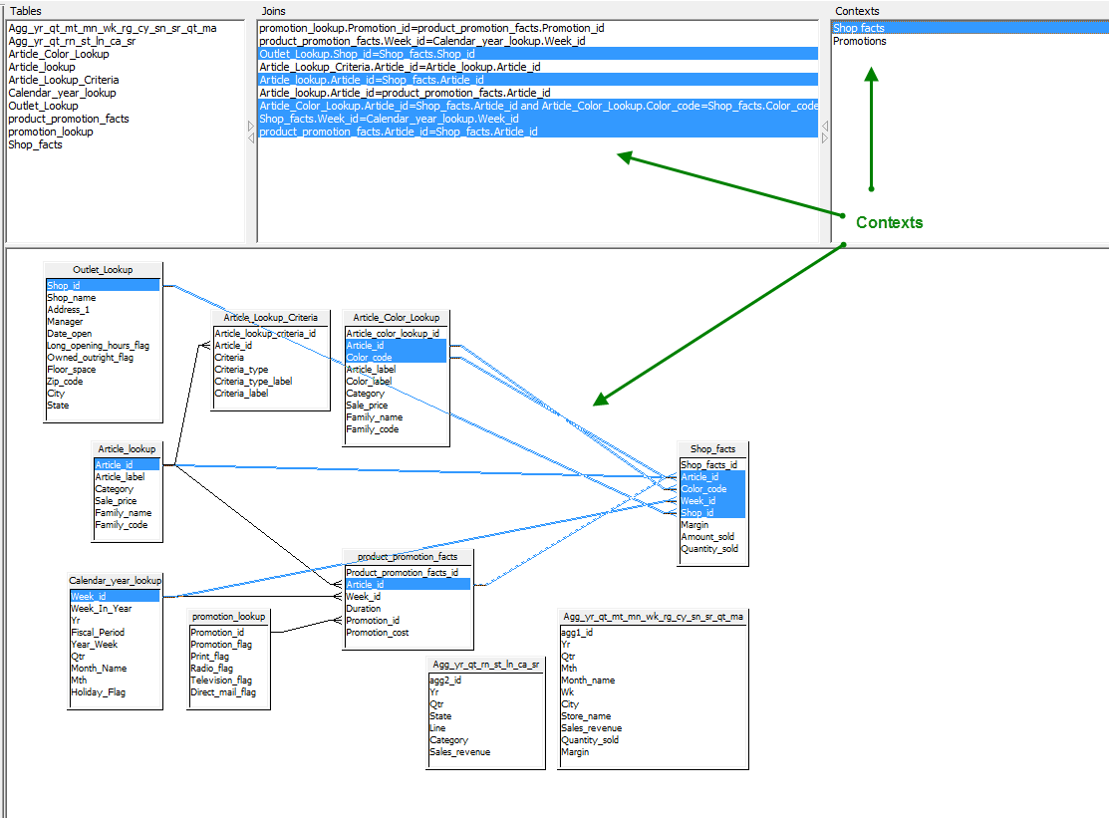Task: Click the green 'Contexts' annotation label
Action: pyautogui.click(x=889, y=223)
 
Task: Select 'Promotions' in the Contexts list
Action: pyautogui.click(x=859, y=41)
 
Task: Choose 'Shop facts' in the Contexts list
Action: pyautogui.click(x=859, y=28)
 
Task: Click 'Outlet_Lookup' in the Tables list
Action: pyautogui.click(x=43, y=106)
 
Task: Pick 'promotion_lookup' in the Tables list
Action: pyautogui.click(x=51, y=132)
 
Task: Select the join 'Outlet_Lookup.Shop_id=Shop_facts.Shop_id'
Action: pyautogui.click(x=367, y=54)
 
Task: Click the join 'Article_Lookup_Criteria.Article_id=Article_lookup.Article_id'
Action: pyautogui.click(x=400, y=67)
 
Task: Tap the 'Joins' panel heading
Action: pyautogui.click(x=274, y=11)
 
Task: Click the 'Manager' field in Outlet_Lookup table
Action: pyautogui.click(x=65, y=322)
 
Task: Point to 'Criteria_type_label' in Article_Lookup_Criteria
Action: pyautogui.click(x=253, y=381)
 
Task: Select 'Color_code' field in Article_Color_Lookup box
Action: pyautogui.click(x=370, y=357)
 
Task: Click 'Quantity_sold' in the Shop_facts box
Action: pyautogui.click(x=709, y=549)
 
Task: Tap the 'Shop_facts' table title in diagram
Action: pyautogui.click(x=713, y=449)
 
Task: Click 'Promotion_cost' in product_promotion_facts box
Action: pyautogui.click(x=378, y=633)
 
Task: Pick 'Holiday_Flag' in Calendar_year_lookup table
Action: pyautogui.click(x=99, y=692)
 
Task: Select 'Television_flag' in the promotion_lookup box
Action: pyautogui.click(x=221, y=681)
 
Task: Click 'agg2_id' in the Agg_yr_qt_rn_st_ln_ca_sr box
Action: pyautogui.click(x=445, y=681)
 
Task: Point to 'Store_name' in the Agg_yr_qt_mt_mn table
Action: pyautogui.click(x=586, y=716)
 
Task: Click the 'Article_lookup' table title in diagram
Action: pyautogui.click(x=127, y=449)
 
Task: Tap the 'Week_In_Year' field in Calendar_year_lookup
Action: pyautogui.click(x=102, y=608)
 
